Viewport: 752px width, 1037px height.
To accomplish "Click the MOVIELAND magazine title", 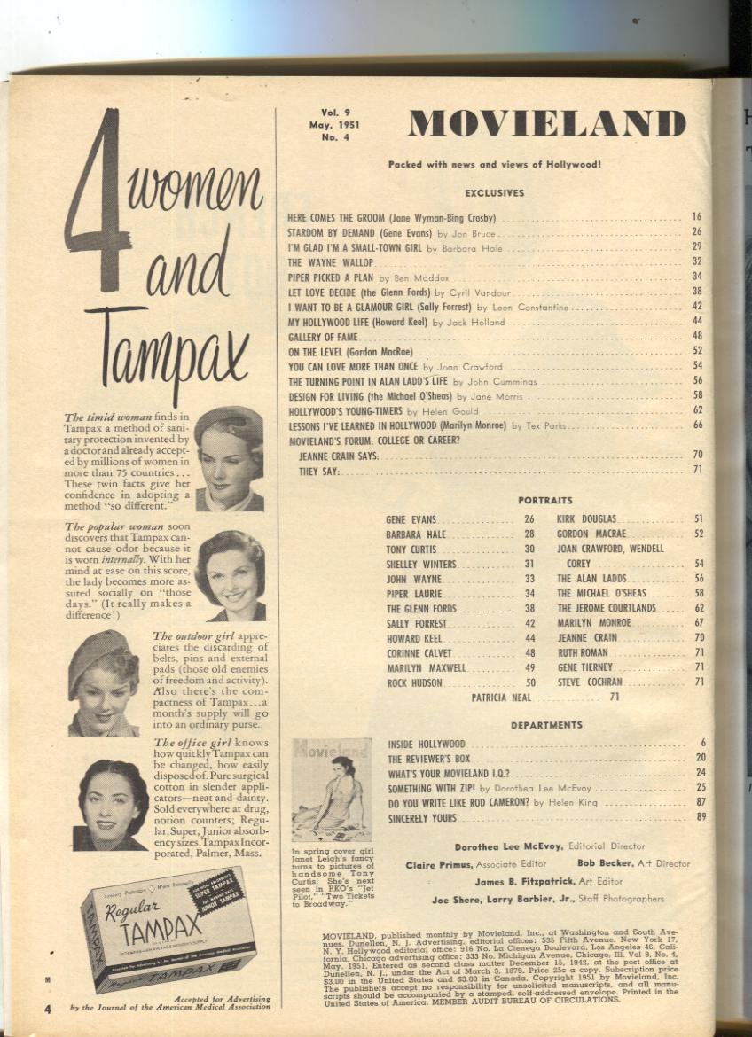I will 547,124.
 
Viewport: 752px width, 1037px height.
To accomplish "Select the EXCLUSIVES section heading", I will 494,192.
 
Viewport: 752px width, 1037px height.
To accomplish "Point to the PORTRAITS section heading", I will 544,501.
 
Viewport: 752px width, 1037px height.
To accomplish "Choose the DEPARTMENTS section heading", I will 546,725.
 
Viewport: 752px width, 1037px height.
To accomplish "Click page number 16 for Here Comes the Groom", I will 696,216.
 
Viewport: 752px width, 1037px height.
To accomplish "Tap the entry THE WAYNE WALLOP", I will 331,262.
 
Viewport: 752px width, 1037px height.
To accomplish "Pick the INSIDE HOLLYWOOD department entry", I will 427,744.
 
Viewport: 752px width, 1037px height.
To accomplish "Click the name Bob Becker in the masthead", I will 606,863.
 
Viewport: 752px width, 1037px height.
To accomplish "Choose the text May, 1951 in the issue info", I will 327,125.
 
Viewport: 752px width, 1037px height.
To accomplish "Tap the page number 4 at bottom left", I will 48,1008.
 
